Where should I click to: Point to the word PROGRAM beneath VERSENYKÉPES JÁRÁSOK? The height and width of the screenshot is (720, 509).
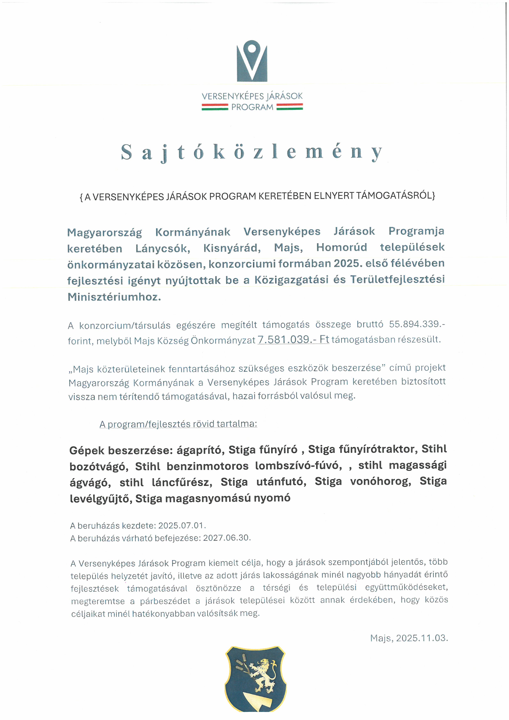(x=252, y=107)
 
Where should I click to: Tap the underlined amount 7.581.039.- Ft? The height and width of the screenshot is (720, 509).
(x=293, y=340)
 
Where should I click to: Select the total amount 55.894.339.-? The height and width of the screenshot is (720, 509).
(x=417, y=324)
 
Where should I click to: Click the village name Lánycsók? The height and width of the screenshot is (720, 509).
(x=163, y=248)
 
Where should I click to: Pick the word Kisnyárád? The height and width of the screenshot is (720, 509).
(x=232, y=248)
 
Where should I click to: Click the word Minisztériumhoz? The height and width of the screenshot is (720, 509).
(x=114, y=297)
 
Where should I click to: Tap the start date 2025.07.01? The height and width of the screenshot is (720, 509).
(x=182, y=525)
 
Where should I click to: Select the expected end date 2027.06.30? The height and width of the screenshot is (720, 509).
(x=227, y=538)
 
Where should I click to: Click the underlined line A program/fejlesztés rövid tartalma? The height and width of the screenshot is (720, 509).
(x=178, y=424)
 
